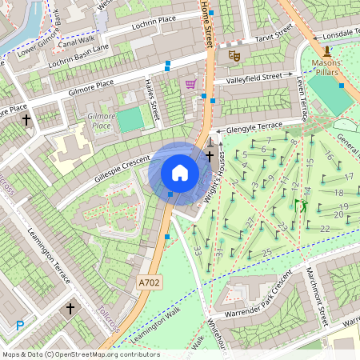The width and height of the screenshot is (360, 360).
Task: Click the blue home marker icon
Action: [180, 172]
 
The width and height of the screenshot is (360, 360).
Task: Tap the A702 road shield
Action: [148, 282]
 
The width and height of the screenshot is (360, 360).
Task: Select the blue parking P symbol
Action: [20, 326]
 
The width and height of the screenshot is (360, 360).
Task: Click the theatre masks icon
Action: [234, 55]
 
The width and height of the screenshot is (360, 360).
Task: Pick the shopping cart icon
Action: [190, 83]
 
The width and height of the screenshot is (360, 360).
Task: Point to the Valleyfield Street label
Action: [254, 78]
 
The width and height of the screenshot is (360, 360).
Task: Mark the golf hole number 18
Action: [338, 193]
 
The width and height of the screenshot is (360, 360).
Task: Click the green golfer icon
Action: [303, 206]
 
